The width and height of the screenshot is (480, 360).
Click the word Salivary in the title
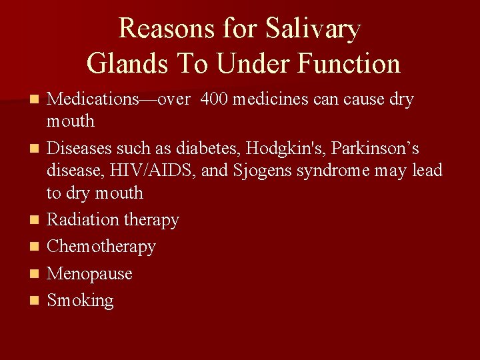click(313, 29)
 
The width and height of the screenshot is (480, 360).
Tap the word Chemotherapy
click(101, 247)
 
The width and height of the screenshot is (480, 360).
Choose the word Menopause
click(90, 274)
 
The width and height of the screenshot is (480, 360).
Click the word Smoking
click(81, 301)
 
